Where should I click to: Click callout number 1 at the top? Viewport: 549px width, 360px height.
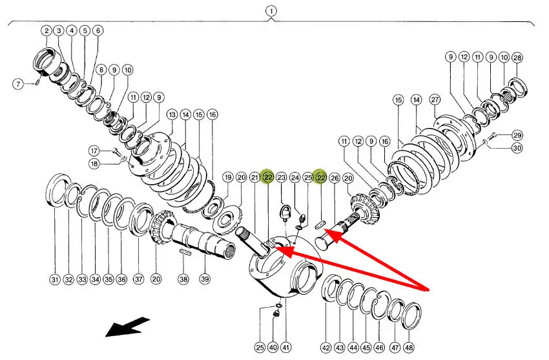click(x=271, y=11)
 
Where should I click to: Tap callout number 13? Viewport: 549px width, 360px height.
click(x=171, y=114)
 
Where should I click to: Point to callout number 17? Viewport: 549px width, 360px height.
click(x=94, y=151)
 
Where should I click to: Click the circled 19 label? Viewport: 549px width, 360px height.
click(x=227, y=177)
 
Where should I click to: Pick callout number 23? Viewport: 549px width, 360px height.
click(x=281, y=177)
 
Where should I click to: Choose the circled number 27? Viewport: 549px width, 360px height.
click(x=434, y=100)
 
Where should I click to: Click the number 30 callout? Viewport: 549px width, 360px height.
click(x=517, y=148)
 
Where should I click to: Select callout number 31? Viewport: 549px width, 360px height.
click(x=54, y=280)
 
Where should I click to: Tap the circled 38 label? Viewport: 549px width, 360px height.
click(x=183, y=280)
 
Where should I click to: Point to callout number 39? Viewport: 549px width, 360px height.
click(x=205, y=280)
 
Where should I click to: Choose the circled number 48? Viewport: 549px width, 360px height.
click(x=408, y=348)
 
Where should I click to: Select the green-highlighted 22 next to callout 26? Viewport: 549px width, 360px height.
click(x=320, y=177)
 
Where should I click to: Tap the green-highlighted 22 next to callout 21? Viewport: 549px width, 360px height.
click(x=268, y=177)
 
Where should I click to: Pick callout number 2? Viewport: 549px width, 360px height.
click(x=47, y=30)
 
